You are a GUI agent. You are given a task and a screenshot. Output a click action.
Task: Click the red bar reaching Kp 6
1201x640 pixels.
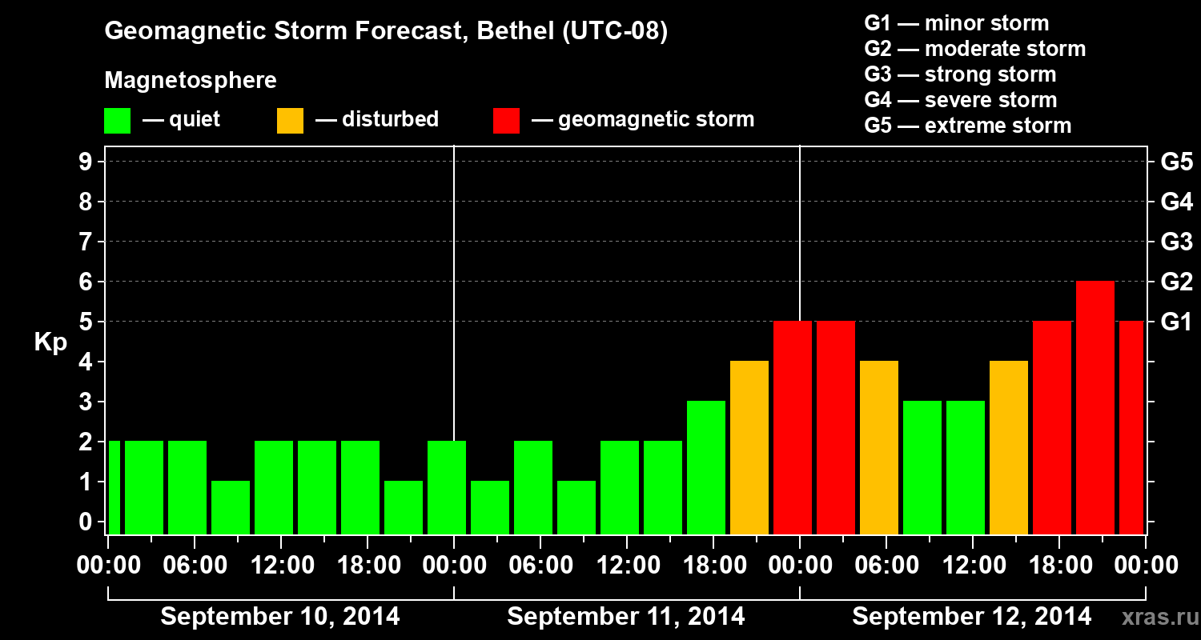[1095, 407]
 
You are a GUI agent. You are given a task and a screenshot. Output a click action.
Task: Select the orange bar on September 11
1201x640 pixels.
[749, 447]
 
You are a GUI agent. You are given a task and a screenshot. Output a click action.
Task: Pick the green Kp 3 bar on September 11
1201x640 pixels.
[706, 467]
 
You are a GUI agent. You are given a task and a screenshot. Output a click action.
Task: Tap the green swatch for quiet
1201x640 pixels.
[117, 121]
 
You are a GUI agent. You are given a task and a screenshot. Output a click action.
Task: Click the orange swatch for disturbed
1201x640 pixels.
[290, 121]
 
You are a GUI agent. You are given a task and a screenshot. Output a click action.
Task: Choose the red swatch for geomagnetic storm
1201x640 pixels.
[507, 121]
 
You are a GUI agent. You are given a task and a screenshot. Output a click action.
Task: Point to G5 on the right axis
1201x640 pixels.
[1176, 162]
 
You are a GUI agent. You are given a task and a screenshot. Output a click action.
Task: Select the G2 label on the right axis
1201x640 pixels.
[1176, 282]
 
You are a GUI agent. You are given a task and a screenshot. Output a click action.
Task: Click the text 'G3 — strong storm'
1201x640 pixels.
[960, 74]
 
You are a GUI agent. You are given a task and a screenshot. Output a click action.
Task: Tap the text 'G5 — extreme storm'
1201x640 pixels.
[967, 126]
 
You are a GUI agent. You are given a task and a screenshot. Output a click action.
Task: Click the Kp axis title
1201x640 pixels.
[50, 342]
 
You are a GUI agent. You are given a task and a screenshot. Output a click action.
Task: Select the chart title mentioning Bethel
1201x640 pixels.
[386, 31]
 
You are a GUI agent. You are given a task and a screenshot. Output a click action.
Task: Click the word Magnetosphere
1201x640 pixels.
[191, 81]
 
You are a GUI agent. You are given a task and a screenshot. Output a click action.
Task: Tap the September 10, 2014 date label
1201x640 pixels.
[280, 617]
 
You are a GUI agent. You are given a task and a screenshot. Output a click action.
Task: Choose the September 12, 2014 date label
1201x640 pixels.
[971, 617]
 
